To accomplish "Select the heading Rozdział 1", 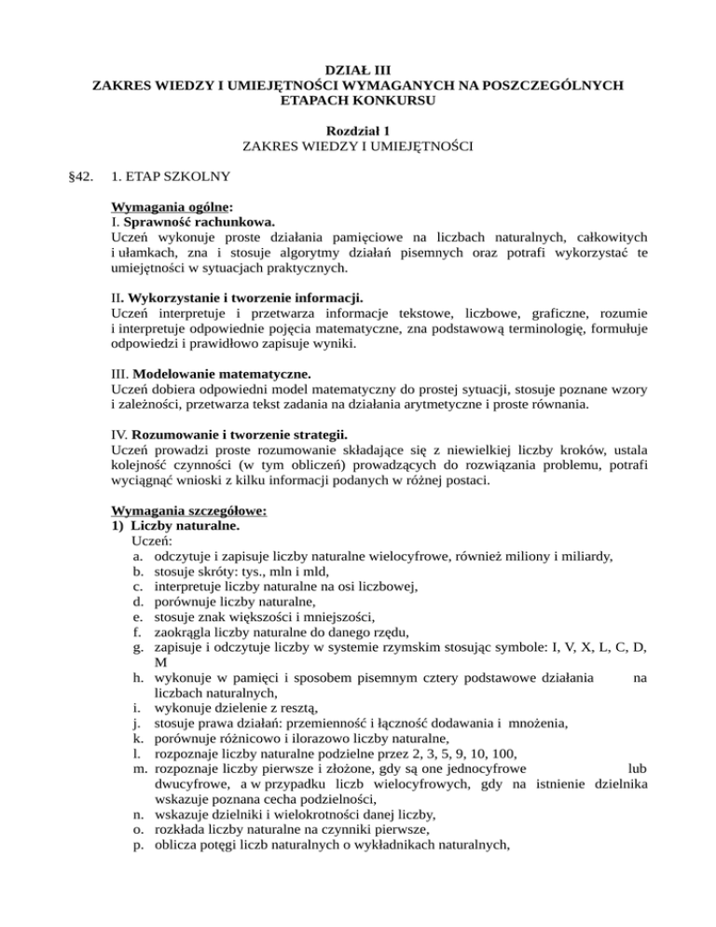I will tap(358, 131).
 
